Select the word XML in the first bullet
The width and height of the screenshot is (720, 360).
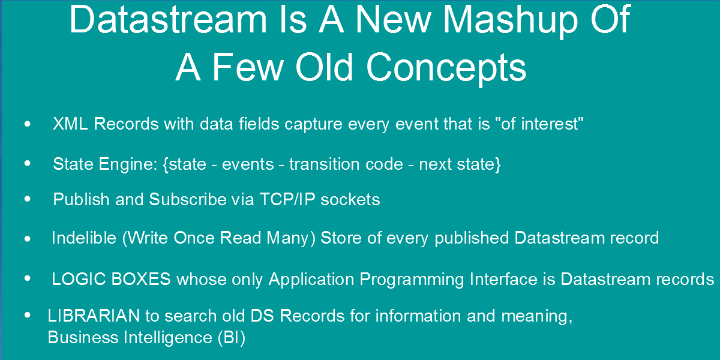click(x=70, y=124)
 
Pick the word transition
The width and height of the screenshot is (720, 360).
click(x=324, y=164)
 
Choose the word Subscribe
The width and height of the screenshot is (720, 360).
click(x=188, y=199)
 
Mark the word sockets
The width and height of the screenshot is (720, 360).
click(x=350, y=200)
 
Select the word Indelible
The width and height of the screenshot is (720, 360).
click(x=84, y=238)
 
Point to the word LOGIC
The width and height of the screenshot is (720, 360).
click(x=79, y=279)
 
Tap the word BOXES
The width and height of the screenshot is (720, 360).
click(x=141, y=279)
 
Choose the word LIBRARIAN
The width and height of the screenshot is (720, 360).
click(x=94, y=316)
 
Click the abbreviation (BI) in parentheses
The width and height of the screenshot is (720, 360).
click(x=232, y=337)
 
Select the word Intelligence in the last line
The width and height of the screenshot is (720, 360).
click(x=168, y=338)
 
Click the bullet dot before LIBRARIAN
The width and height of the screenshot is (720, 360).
click(x=28, y=316)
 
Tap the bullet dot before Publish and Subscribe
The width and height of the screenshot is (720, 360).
click(x=28, y=199)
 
